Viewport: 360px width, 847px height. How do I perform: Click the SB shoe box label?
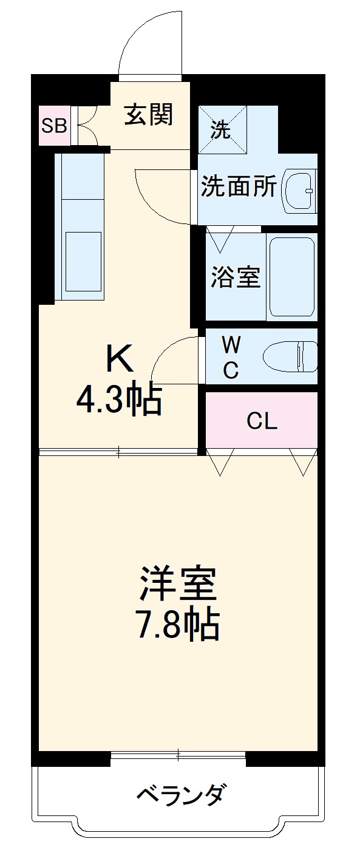tap(53, 126)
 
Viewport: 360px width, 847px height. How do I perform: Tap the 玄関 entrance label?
tap(149, 114)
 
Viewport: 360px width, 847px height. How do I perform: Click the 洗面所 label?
tap(239, 186)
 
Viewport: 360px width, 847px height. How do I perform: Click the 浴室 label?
tap(236, 277)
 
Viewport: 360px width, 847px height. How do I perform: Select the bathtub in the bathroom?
tap(291, 277)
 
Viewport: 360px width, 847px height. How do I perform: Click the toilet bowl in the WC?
tap(291, 356)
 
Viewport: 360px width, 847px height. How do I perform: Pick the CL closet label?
tap(262, 421)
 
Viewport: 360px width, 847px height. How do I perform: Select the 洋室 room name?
tap(178, 584)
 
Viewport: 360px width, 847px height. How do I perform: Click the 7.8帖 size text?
tap(177, 624)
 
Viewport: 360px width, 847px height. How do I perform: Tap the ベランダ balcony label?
tap(182, 794)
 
